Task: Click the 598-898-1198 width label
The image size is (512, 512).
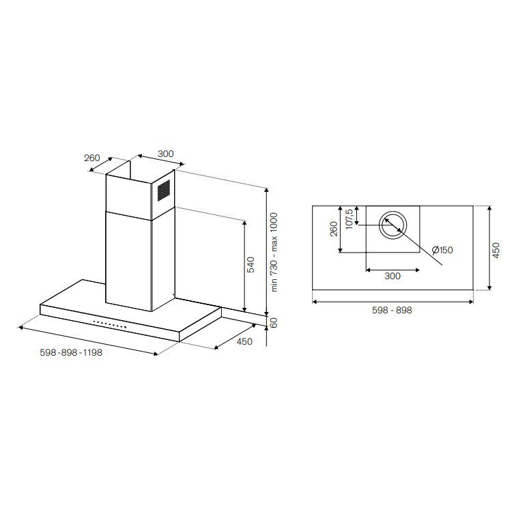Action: click(x=71, y=352)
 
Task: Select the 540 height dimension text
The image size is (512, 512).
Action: click(x=251, y=265)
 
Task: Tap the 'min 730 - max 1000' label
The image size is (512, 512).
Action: click(x=274, y=252)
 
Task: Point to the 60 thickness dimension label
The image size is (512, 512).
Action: click(x=274, y=323)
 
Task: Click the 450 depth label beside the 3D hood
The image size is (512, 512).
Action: click(x=244, y=341)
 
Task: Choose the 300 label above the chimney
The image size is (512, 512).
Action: click(x=166, y=154)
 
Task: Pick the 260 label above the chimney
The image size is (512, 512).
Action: click(x=92, y=158)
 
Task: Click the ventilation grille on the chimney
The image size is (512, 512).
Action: click(x=164, y=190)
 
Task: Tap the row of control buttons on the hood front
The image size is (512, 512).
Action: click(x=110, y=324)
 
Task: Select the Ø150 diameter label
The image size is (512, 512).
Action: click(x=442, y=250)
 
